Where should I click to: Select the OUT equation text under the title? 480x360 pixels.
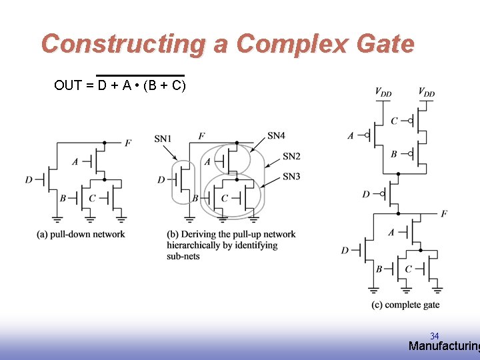point(120,85)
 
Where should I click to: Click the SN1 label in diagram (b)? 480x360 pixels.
point(163,139)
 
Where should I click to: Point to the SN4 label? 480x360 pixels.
point(276,135)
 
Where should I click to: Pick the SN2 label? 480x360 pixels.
point(291,156)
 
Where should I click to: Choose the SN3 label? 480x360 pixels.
point(291,176)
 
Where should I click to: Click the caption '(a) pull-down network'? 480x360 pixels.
point(81,234)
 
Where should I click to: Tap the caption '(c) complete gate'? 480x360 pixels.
point(405,305)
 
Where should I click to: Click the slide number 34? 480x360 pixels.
point(434,336)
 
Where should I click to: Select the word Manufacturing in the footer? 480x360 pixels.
point(443,346)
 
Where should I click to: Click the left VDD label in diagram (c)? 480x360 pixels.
point(383,93)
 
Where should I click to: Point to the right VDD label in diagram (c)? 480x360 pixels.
point(427,93)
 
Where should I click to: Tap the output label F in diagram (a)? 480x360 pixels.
point(127,143)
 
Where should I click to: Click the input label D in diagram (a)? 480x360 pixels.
point(29,179)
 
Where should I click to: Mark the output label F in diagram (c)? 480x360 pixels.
point(444,213)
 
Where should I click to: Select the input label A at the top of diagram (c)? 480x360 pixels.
point(351,136)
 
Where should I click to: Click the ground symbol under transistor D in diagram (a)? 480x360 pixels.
point(57,218)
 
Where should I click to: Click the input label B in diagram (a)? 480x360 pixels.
point(63,198)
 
